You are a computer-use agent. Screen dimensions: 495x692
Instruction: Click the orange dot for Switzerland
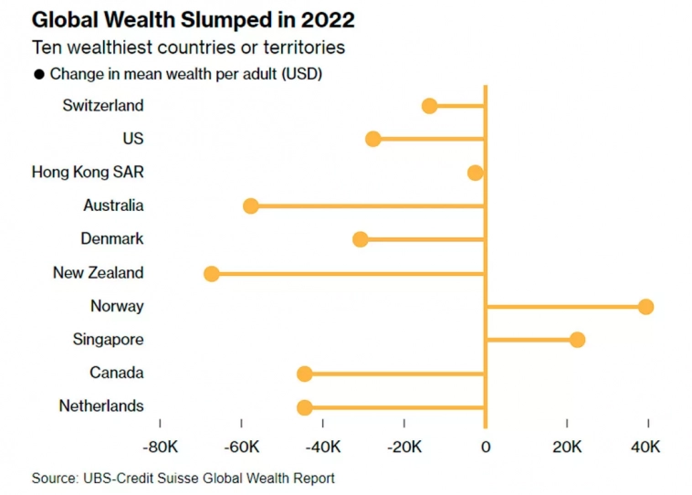point(429,106)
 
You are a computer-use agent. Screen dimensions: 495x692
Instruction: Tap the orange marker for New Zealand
point(212,273)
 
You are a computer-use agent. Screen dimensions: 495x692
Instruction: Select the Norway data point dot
point(645,306)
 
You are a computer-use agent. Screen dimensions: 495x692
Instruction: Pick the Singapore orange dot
point(577,340)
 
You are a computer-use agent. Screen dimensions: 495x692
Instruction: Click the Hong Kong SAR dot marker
point(475,173)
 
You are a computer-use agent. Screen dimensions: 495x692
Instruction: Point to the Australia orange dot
point(251,206)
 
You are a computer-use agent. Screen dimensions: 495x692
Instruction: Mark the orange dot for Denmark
point(361,239)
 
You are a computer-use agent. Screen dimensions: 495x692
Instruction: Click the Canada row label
point(116,373)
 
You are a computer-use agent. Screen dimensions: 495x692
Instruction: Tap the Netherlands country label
point(101,406)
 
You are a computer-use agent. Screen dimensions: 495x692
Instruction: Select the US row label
point(132,139)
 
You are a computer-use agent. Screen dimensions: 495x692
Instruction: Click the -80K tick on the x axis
point(160,448)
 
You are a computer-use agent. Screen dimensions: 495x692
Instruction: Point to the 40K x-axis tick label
point(648,448)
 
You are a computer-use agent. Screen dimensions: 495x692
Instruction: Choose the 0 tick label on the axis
point(486,448)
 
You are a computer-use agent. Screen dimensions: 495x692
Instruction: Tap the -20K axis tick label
point(404,448)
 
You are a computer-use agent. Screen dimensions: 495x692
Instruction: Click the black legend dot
point(38,75)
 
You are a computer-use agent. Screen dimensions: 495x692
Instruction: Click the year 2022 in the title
point(325,19)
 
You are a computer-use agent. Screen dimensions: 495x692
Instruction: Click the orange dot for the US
point(372,139)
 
